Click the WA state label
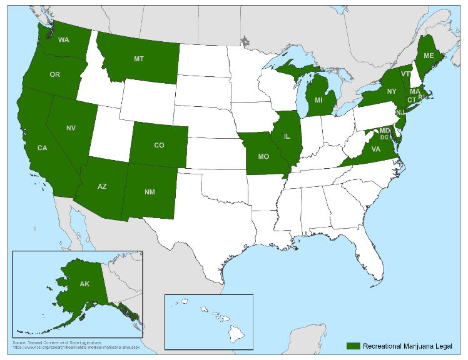63,40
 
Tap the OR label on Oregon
54,74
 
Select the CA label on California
42,148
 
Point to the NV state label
71,127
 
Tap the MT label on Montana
139,59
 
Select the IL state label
287,136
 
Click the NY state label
392,91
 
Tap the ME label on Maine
429,55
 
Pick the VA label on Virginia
376,149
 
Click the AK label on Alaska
85,283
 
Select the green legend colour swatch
354,346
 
